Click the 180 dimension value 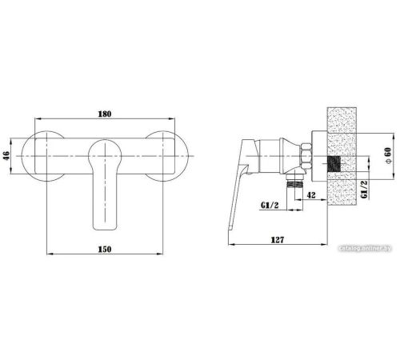105,114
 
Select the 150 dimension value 105,250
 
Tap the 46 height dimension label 6,156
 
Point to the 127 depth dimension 278,240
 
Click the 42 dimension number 311,195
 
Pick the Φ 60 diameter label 388,155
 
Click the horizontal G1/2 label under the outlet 270,205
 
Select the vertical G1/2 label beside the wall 364,190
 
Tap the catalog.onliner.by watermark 365,248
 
